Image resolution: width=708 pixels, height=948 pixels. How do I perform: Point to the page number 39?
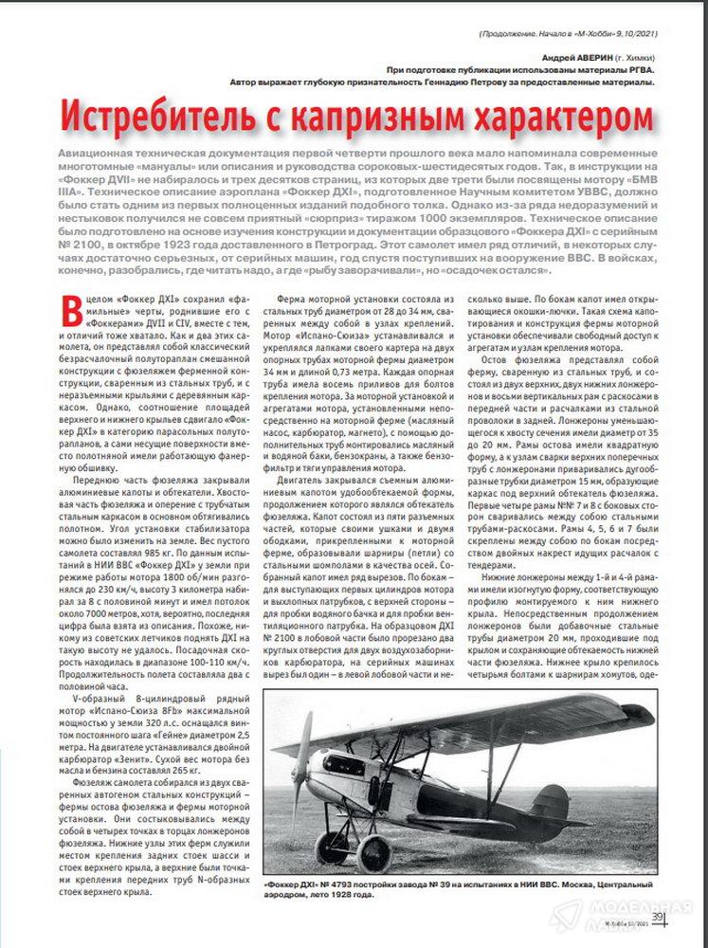[x=656, y=915]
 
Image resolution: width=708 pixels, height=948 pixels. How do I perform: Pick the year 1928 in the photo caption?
[x=327, y=894]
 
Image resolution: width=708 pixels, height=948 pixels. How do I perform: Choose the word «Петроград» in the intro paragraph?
[x=365, y=244]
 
